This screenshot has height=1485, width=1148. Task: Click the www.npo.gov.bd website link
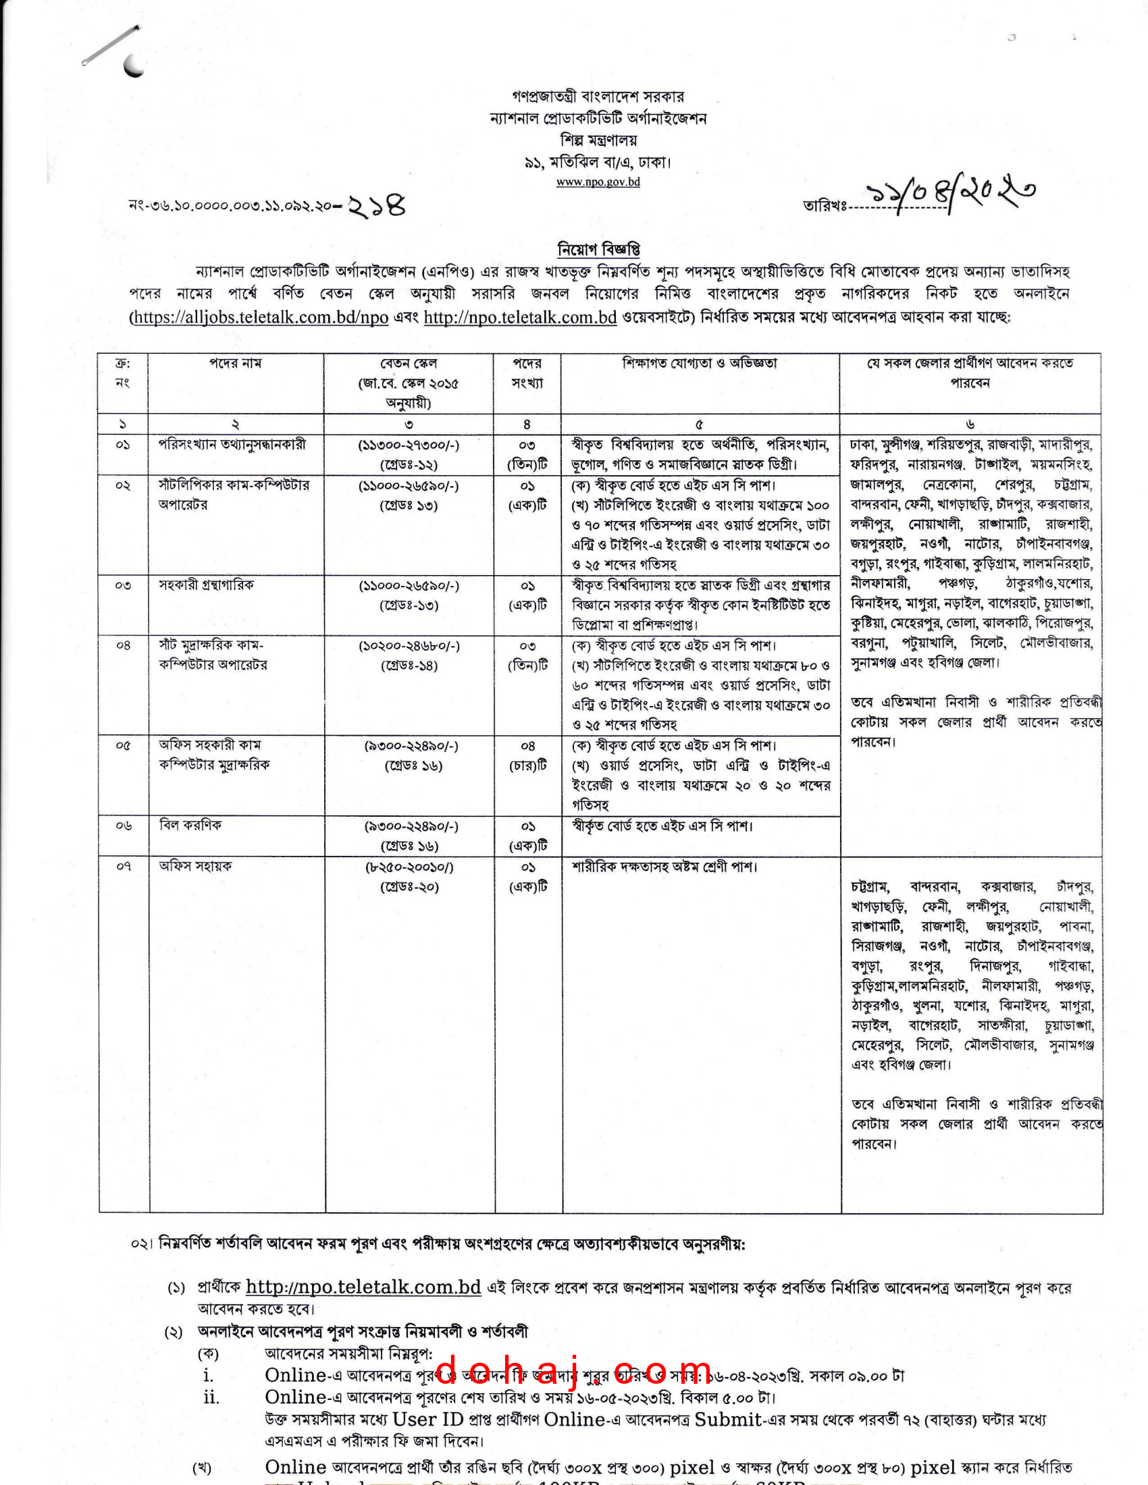tap(598, 182)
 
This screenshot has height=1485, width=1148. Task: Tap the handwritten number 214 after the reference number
tap(377, 205)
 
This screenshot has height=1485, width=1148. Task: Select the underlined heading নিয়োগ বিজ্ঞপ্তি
tap(598, 250)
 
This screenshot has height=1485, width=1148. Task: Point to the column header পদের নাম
tap(235, 364)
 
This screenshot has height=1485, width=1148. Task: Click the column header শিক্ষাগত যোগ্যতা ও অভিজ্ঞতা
tap(700, 364)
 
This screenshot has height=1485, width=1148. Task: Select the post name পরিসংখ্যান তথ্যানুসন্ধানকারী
tap(232, 445)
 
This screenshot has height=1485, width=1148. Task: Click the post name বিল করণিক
tap(190, 826)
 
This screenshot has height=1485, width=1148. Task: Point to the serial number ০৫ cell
tap(123, 745)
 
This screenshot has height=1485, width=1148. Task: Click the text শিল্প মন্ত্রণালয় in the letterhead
tap(598, 141)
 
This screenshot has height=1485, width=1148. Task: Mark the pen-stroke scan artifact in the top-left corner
tap(112, 46)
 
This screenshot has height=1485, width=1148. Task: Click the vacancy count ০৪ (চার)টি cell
tap(528, 755)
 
